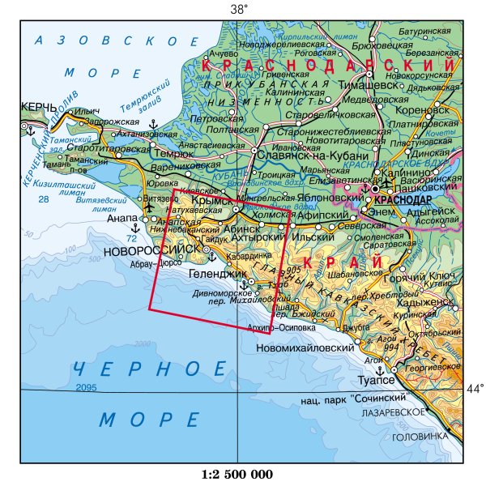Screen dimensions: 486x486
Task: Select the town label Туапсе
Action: point(376,380)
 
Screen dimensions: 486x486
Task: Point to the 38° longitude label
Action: point(238,9)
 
